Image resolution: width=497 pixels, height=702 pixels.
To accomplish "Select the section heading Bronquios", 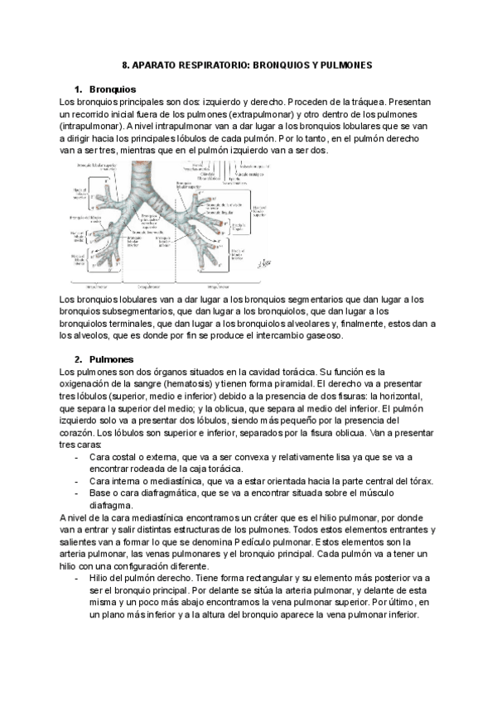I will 112,89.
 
